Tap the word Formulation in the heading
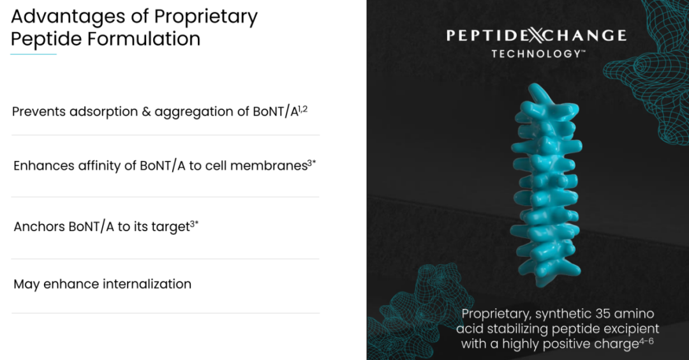pos(144,39)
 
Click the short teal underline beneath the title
pos(33,54)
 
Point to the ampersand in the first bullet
pos(146,112)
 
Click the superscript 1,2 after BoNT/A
pos(303,109)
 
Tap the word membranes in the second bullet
pos(269,166)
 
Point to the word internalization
pos(147,284)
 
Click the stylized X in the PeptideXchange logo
pos(536,35)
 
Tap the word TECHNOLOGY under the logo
pos(536,54)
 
